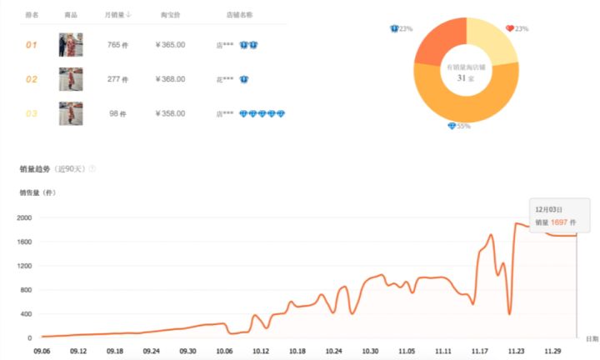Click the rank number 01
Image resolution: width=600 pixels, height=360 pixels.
pos(32,44)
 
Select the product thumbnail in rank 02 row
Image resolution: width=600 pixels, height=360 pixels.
pos(71,79)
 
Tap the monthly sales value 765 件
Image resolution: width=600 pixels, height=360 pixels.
pos(117,44)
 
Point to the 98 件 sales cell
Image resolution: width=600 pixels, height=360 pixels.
pos(117,113)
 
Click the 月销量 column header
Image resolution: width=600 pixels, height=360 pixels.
pos(117,16)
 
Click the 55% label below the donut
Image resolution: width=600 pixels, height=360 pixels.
pos(460,126)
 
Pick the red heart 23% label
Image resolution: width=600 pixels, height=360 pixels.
pos(517,29)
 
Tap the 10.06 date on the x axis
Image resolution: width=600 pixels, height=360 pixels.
pos(224,351)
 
